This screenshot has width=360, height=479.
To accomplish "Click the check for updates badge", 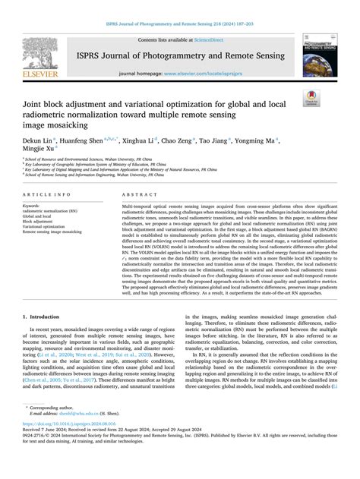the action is [311, 97].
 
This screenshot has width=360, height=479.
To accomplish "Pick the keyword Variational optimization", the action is [44, 226].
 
